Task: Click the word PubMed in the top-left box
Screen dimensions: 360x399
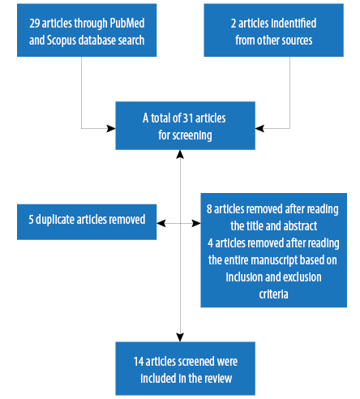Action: (127, 23)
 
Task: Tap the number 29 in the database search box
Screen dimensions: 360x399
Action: (35, 24)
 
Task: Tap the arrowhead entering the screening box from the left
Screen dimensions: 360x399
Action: (111, 128)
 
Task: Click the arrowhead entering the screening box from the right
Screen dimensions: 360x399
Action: (259, 128)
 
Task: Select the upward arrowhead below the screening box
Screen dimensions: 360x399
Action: (180, 154)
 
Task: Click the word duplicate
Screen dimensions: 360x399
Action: (55, 220)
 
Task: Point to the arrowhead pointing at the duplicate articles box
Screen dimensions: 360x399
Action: (161, 223)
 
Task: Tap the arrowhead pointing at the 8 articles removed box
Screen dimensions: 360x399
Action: (196, 223)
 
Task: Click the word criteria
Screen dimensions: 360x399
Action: (273, 294)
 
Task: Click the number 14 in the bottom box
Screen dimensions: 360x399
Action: (139, 362)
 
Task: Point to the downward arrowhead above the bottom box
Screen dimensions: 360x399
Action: (180, 337)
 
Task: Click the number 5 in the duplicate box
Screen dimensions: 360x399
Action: (31, 220)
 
